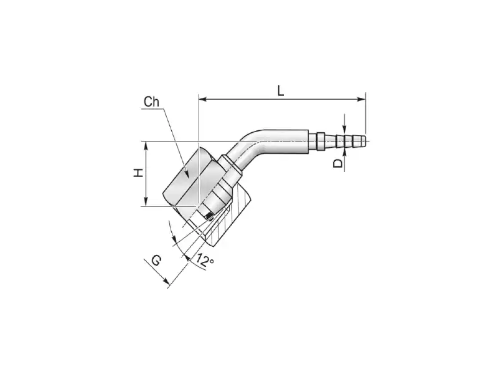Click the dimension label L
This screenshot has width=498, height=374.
281,90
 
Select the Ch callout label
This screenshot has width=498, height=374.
151,102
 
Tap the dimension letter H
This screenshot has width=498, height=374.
138,173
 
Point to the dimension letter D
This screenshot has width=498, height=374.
338,163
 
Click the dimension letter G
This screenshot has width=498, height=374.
156,261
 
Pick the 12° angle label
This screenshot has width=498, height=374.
205,260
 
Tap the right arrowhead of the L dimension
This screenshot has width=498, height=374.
362,100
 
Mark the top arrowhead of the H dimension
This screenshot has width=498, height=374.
146,145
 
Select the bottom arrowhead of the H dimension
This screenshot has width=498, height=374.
146,201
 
